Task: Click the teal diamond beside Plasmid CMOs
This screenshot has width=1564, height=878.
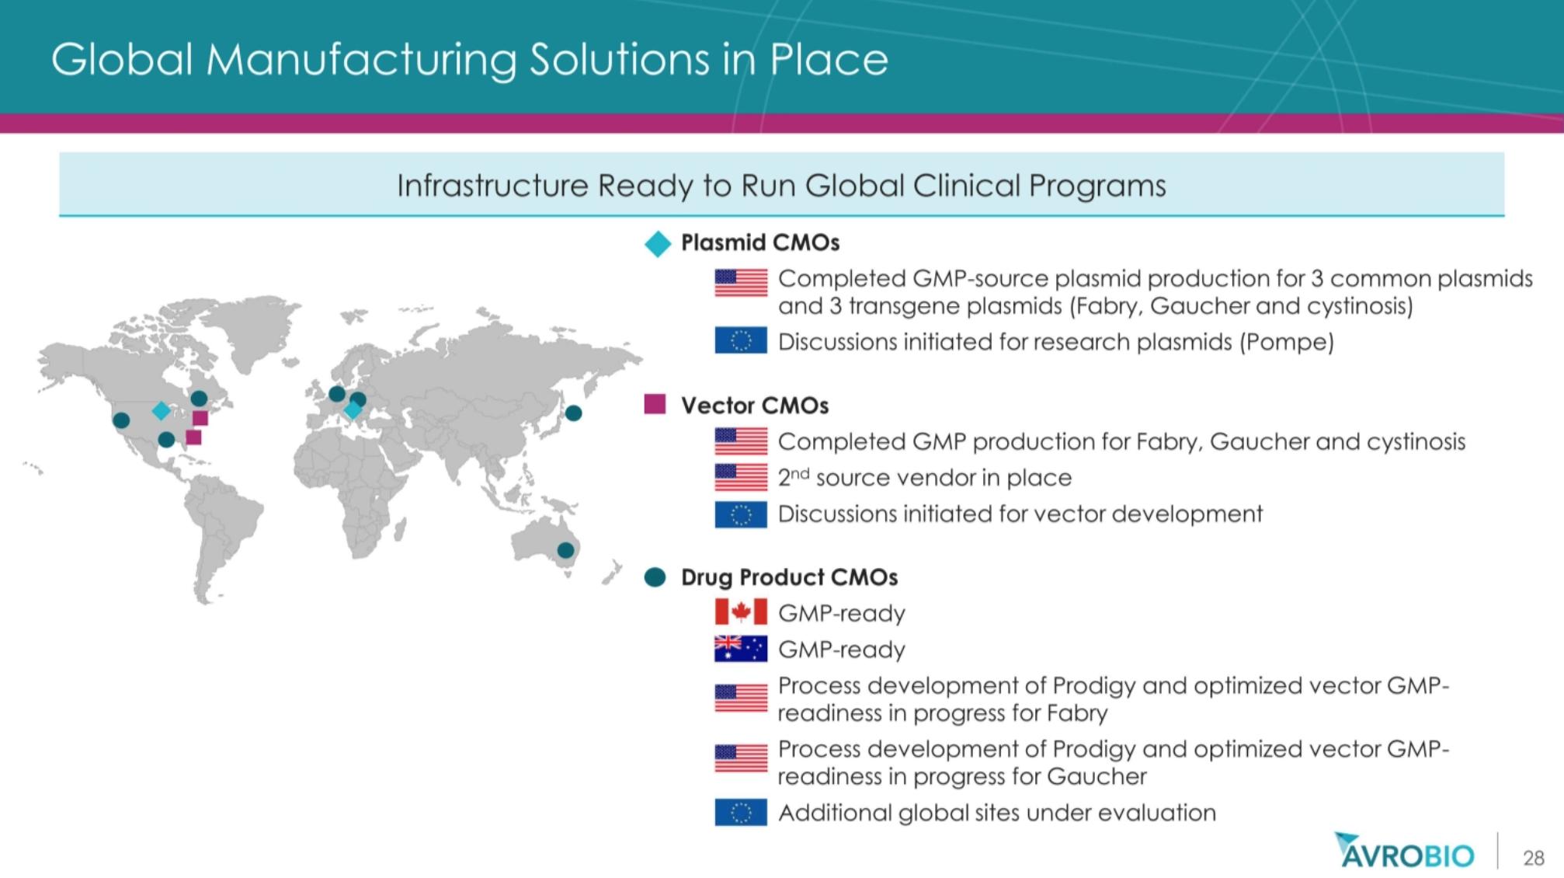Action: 657,244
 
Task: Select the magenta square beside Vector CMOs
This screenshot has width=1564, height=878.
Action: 655,404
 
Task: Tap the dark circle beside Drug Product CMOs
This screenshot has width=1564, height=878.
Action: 655,577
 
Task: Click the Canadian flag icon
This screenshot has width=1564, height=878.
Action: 741,612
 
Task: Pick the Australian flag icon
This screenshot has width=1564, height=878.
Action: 741,648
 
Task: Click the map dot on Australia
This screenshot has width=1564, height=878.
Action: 566,550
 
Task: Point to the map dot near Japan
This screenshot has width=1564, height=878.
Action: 573,413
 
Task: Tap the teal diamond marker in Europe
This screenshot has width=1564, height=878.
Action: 353,409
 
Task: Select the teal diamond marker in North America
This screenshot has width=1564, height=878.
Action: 161,410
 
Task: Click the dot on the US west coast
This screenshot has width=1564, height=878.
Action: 121,420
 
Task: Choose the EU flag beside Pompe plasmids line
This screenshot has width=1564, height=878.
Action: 741,341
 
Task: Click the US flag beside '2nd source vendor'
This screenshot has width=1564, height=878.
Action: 741,477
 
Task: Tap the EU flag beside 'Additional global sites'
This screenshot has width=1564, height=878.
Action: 741,812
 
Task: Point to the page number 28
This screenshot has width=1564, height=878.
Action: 1534,858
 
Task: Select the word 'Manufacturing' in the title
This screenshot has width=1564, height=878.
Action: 361,60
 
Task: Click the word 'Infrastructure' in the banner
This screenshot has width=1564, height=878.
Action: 493,186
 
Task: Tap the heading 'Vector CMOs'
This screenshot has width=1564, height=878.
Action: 755,405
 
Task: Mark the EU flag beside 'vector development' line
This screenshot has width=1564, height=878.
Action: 741,514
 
